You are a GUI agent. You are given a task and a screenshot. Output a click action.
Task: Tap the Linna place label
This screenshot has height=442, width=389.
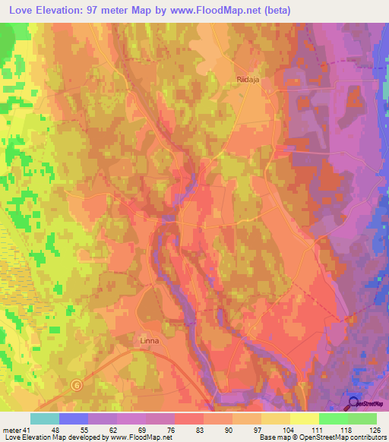tap(150, 341)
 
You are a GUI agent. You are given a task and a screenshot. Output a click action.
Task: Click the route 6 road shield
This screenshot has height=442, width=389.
tap(77, 385)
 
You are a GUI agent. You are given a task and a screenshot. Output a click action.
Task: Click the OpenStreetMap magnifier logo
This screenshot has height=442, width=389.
tap(354, 403)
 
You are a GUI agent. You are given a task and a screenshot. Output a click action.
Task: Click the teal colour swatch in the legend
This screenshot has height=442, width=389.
tap(45, 418)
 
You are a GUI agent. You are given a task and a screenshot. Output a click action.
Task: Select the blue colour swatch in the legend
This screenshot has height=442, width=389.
tap(74, 418)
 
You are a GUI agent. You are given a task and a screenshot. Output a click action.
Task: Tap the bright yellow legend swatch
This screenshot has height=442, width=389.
tap(305, 418)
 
